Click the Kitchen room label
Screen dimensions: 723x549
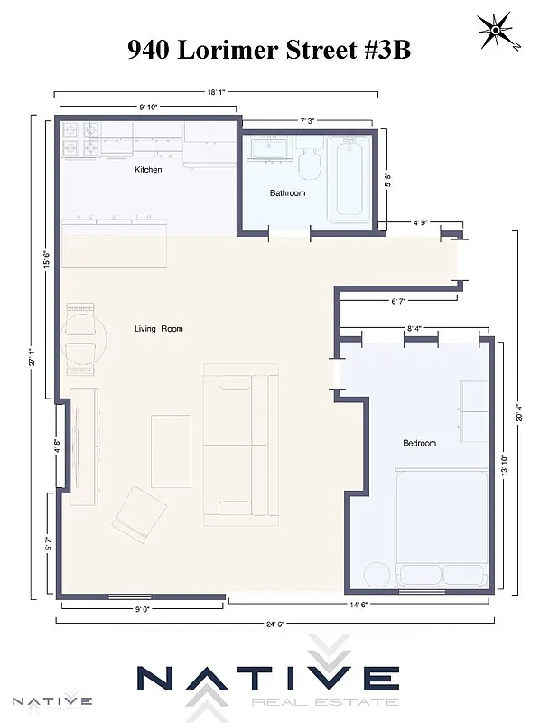[148, 170]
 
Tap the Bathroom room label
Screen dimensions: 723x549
[287, 193]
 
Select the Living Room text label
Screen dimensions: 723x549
[159, 329]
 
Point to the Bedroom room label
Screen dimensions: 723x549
[419, 443]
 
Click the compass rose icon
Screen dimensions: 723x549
[495, 32]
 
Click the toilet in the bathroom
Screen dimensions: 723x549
[309, 164]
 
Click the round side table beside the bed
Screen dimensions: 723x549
[376, 574]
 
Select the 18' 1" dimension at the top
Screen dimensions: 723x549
[215, 91]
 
